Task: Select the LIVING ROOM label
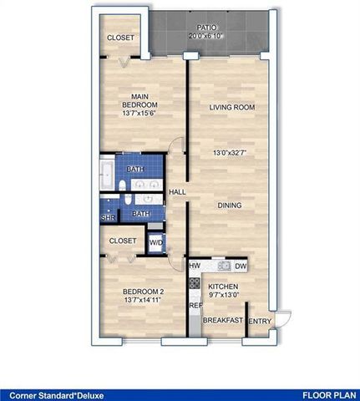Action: coord(231,107)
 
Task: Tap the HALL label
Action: coord(177,192)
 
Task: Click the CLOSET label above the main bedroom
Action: coord(122,38)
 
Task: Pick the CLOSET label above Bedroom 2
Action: coord(123,241)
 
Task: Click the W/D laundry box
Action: coord(155,243)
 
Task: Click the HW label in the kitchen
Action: coord(194,266)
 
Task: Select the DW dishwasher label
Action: coord(241,266)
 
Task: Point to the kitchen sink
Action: coord(224,266)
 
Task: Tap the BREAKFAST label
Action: coord(223,321)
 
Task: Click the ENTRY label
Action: coord(260,321)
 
